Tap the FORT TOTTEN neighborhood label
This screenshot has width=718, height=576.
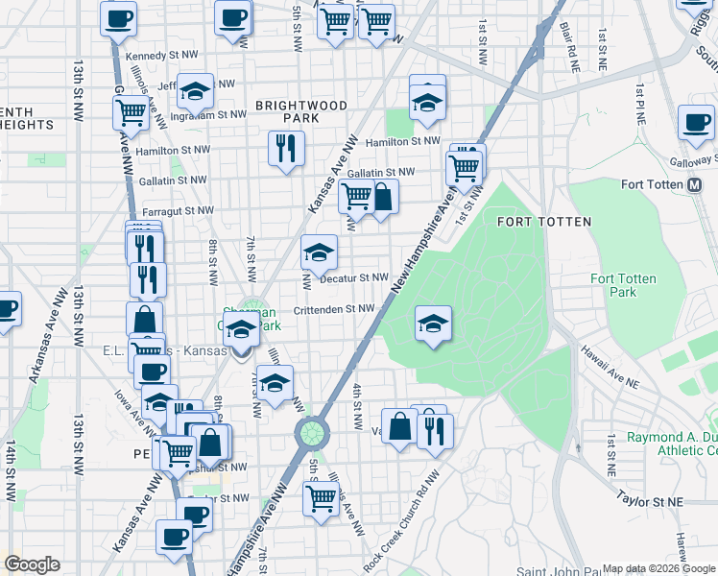click(543, 222)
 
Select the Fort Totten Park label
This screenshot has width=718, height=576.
click(623, 285)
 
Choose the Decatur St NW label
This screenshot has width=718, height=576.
click(353, 277)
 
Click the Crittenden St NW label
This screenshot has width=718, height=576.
click(333, 309)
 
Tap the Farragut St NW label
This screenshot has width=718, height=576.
click(178, 209)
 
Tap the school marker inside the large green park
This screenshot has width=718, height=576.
click(433, 323)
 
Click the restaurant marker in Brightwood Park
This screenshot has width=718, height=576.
click(285, 148)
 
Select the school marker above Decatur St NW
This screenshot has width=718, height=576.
click(320, 252)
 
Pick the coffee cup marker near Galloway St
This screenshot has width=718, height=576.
click(695, 122)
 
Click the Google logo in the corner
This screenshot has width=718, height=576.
click(31, 564)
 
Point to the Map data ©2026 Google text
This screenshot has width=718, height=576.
click(658, 568)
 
